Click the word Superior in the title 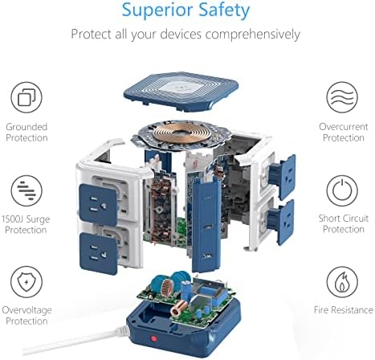click(154, 10)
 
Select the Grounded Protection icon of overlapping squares click(26, 97)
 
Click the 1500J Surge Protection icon click(26, 190)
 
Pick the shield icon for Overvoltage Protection click(26, 282)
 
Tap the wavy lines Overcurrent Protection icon click(342, 97)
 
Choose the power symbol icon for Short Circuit click(342, 190)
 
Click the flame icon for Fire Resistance click(342, 282)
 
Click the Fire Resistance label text click(344, 310)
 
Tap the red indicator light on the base click(153, 338)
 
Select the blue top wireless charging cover click(181, 92)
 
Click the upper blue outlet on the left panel click(98, 205)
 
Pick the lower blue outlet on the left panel click(99, 253)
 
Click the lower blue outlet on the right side click(282, 222)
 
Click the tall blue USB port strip click(206, 225)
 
